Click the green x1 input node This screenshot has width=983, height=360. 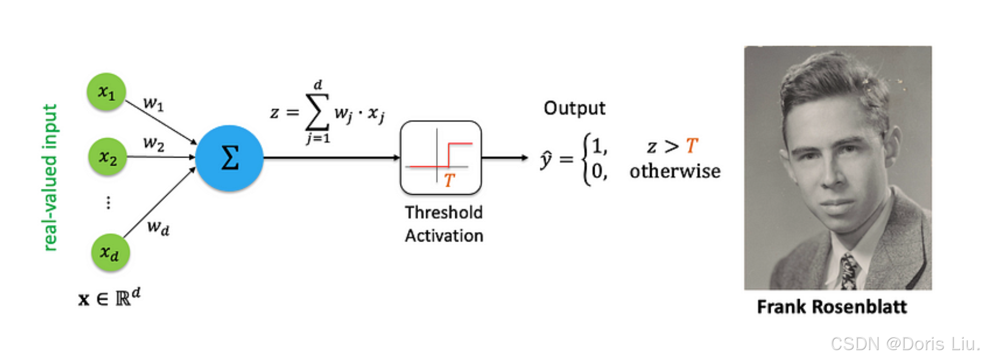click(106, 92)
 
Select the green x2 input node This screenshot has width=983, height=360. click(108, 157)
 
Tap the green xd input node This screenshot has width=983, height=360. click(110, 252)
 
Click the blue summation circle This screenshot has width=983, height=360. click(229, 158)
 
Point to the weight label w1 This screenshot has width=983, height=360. click(153, 103)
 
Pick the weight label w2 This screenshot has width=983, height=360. click(154, 144)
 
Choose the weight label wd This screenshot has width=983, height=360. click(158, 227)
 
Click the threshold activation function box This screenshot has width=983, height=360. click(441, 158)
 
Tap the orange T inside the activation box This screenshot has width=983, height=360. click(450, 180)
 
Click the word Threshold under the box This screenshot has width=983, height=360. click(444, 212)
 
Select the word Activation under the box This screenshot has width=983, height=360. click(444, 236)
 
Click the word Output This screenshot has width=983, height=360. click(574, 108)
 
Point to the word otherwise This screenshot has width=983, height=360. click(675, 171)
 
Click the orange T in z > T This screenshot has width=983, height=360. click(692, 146)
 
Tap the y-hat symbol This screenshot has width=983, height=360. click(546, 160)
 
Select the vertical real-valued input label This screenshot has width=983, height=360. click(50, 177)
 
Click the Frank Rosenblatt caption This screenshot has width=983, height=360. click(832, 307)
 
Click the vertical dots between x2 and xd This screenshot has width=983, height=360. click(108, 203)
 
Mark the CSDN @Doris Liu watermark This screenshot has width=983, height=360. click(904, 344)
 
